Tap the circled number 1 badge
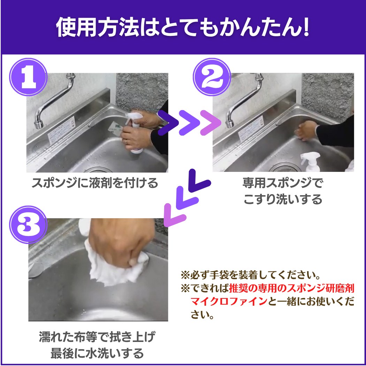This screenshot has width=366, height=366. pyautogui.click(x=28, y=77)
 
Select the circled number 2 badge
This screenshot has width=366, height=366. pyautogui.click(x=212, y=77)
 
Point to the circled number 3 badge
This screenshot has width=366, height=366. pyautogui.click(x=28, y=225)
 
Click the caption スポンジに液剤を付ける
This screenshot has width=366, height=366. pyautogui.click(x=95, y=183)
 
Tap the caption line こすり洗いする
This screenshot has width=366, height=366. pyautogui.click(x=283, y=199)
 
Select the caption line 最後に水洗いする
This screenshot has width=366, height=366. pyautogui.click(x=97, y=353)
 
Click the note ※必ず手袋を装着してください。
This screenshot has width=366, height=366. pyautogui.click(x=251, y=275)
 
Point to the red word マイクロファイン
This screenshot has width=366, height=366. pyautogui.click(x=229, y=302)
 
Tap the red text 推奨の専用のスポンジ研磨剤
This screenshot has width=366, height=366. pyautogui.click(x=291, y=289)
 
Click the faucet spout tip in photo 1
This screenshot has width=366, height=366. pyautogui.click(x=38, y=125)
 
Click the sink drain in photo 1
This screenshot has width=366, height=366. pyautogui.click(x=98, y=169)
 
